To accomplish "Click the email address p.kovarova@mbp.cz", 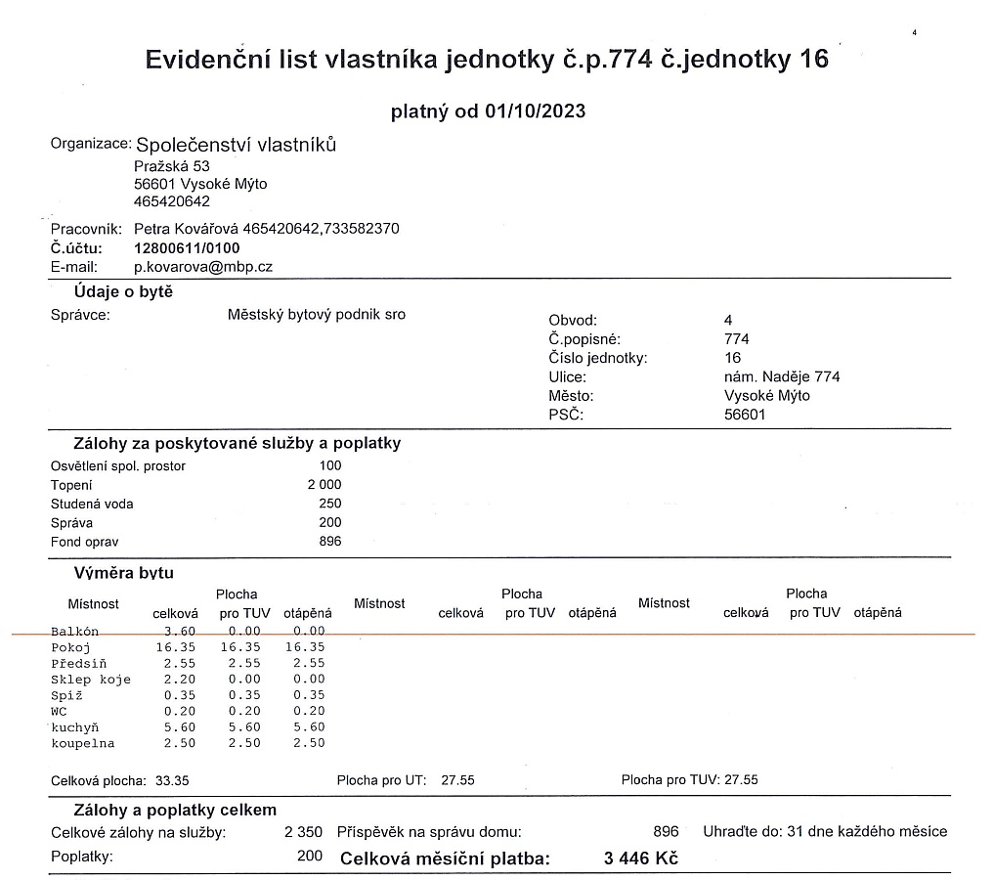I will [x=203, y=266].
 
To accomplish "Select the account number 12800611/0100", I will [x=187, y=247].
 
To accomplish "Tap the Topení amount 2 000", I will [x=324, y=485].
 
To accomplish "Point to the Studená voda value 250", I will [x=330, y=504].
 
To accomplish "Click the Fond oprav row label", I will [x=85, y=542].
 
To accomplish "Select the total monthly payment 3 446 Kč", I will [x=642, y=859].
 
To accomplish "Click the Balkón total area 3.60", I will [x=181, y=632].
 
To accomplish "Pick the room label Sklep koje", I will [x=91, y=679].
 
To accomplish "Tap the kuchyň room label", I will [x=75, y=727].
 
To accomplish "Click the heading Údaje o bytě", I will [x=123, y=292].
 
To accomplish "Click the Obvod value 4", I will [x=728, y=320].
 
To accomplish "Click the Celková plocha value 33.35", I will [x=172, y=780].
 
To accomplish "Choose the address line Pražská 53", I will [x=172, y=166].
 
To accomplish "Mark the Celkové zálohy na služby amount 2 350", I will [x=303, y=832].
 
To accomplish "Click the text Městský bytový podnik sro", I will [x=316, y=315].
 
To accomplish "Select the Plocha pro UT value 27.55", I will [x=458, y=780].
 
